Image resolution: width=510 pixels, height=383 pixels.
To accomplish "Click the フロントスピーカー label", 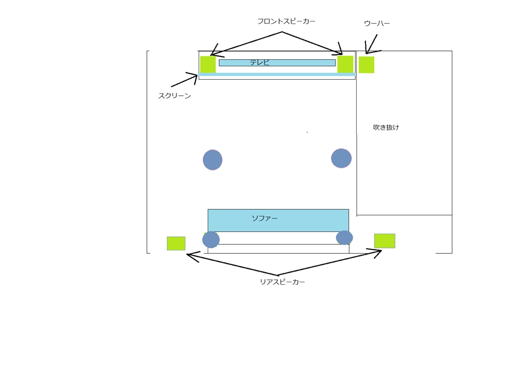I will [x=286, y=21].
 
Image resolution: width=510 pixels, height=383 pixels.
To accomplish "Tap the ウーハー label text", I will [x=377, y=23].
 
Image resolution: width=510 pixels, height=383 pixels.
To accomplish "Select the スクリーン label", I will [x=174, y=96].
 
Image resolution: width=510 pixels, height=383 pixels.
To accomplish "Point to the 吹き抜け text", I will [x=386, y=127].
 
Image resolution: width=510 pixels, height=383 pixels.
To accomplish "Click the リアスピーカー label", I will [x=282, y=282].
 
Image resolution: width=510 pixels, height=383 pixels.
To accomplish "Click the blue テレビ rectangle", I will [x=277, y=63].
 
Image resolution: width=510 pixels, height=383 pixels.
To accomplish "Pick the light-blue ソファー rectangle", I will [x=278, y=220].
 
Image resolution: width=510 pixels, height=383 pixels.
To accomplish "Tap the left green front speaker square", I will [x=208, y=64].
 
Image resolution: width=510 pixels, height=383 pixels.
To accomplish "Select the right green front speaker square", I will [x=345, y=64].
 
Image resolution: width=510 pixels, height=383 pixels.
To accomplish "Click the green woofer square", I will [x=366, y=65].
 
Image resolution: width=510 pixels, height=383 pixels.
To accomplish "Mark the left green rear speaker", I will [x=176, y=243].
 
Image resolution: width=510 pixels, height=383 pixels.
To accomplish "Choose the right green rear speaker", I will [x=384, y=241].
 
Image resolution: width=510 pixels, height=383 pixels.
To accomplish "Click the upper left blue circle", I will [x=213, y=160].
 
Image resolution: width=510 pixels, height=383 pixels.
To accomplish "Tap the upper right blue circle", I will [x=341, y=158].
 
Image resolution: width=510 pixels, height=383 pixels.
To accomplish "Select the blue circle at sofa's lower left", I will [x=211, y=240].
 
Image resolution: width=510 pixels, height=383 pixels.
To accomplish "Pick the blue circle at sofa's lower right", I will [x=344, y=238].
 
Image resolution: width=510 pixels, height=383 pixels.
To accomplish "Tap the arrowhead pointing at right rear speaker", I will [x=378, y=252].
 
